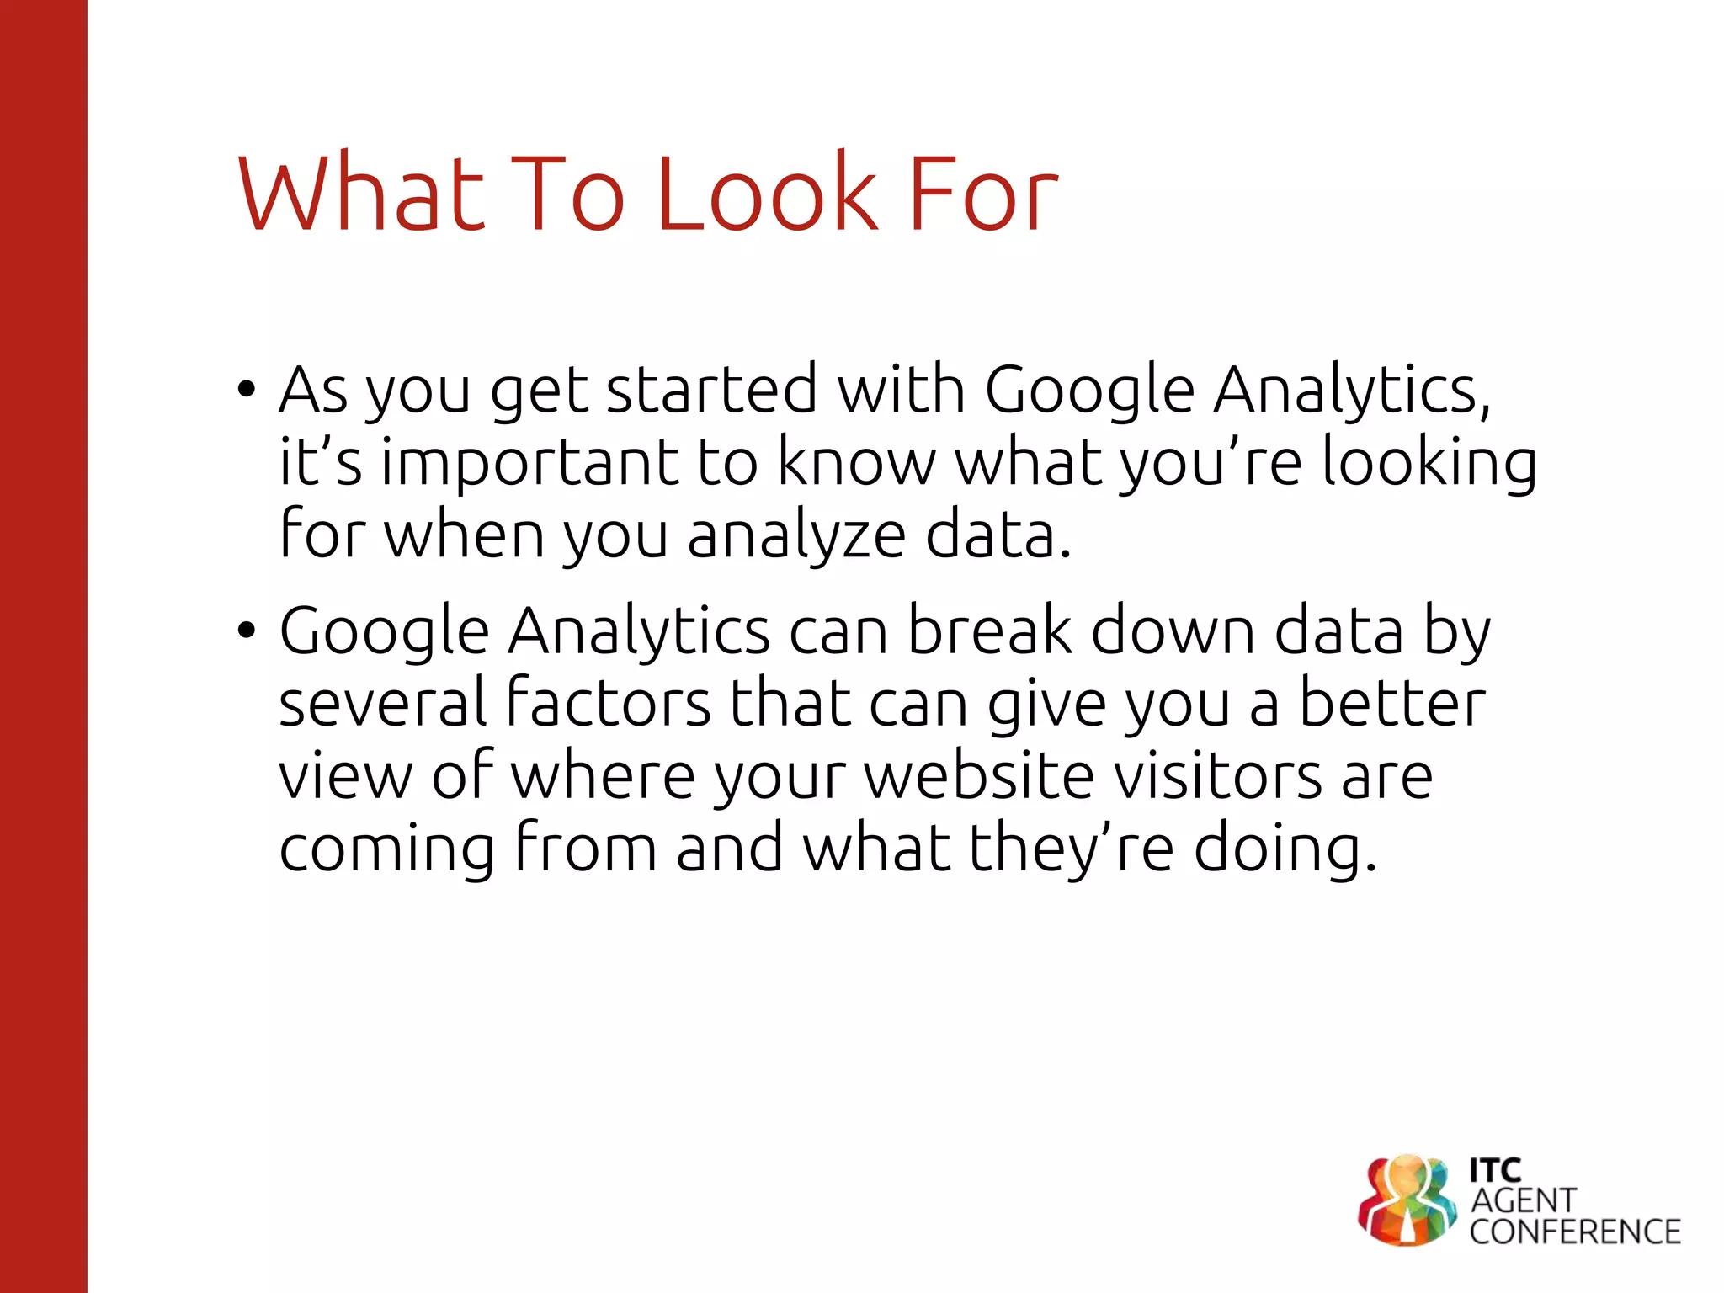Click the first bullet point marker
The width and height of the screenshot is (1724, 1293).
(246, 390)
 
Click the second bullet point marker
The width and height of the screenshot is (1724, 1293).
(246, 630)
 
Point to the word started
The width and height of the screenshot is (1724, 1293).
(711, 390)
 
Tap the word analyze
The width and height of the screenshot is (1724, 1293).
(796, 536)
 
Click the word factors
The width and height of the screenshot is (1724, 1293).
(609, 703)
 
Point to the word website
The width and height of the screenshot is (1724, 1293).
(980, 775)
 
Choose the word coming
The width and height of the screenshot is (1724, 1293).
(386, 849)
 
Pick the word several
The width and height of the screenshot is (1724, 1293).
(382, 703)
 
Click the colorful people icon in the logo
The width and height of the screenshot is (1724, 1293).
(1407, 1200)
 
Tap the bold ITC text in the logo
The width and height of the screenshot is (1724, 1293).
(1495, 1170)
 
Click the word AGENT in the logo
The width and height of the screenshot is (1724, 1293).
(1524, 1200)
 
